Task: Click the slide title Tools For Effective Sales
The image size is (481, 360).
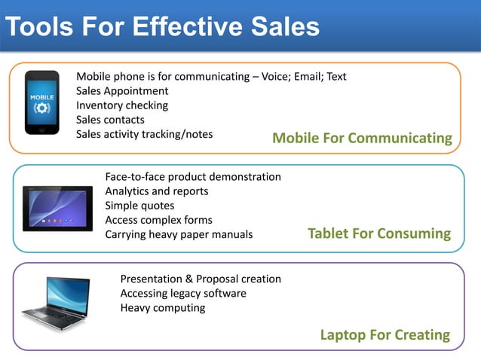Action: click(162, 27)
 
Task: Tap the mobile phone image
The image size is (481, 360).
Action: click(42, 102)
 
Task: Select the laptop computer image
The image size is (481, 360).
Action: click(56, 303)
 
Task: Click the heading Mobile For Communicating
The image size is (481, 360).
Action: click(362, 138)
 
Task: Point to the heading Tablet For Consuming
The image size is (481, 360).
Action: click(379, 233)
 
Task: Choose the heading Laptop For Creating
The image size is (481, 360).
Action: click(384, 334)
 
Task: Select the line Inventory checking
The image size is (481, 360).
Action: click(122, 105)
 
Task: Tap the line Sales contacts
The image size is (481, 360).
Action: click(110, 120)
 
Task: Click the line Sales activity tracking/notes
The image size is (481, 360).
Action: click(144, 134)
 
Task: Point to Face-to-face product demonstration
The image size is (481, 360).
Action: click(193, 177)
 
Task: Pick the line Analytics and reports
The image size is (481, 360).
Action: click(157, 191)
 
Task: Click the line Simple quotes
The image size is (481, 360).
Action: click(139, 206)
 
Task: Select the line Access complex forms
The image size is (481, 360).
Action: click(158, 220)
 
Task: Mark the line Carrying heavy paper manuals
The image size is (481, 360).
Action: click(179, 234)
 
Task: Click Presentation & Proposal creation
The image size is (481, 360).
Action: click(201, 279)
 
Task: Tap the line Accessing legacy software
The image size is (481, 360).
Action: click(183, 294)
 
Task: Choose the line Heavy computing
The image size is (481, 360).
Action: click(163, 308)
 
